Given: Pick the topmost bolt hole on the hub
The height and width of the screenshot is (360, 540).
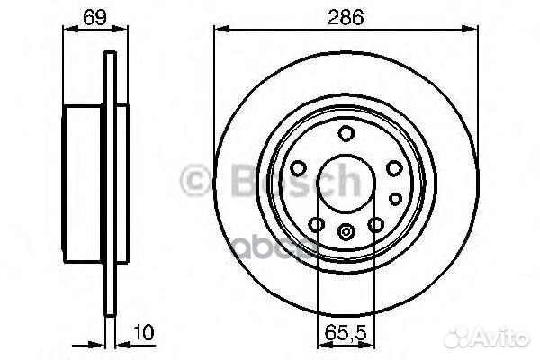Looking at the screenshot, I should pyautogui.click(x=346, y=134).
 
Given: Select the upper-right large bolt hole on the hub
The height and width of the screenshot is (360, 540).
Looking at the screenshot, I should pyautogui.click(x=393, y=168).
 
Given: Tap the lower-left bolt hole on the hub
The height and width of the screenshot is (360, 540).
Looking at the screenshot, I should pyautogui.click(x=316, y=225).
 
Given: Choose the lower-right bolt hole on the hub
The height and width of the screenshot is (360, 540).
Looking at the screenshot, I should pyautogui.click(x=375, y=225).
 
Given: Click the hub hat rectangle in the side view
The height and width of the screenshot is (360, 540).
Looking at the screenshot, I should pyautogui.click(x=85, y=184).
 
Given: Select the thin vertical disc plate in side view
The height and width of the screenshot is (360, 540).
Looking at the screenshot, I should pyautogui.click(x=112, y=184).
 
